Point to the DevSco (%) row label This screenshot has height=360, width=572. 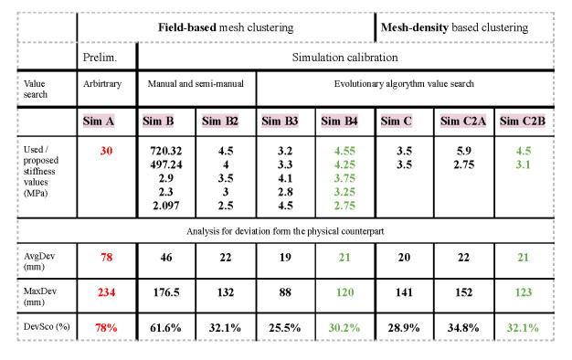point(44,326)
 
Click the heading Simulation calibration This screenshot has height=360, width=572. point(344,57)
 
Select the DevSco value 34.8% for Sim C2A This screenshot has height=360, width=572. point(463,326)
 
